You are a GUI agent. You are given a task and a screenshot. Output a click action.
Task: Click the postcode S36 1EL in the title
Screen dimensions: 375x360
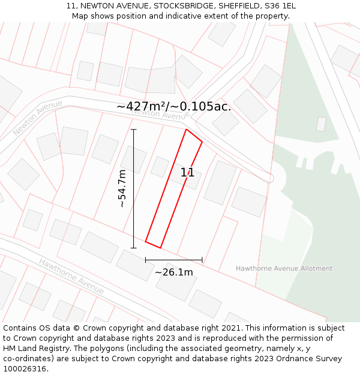(x=280, y=6)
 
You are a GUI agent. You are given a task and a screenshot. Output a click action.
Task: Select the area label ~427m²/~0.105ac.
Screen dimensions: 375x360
(x=174, y=106)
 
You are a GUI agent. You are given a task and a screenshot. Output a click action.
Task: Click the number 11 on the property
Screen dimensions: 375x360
(x=187, y=173)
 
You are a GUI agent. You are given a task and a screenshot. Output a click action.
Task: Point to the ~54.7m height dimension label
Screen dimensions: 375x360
(x=122, y=188)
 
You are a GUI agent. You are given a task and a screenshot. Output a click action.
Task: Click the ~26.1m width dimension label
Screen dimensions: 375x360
(x=174, y=272)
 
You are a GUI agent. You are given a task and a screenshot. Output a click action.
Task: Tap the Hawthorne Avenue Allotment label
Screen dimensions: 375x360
(x=284, y=268)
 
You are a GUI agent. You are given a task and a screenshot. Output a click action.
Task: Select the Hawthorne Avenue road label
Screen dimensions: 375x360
(x=71, y=276)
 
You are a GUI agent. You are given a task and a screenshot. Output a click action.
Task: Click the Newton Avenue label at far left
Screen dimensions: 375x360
(x=37, y=118)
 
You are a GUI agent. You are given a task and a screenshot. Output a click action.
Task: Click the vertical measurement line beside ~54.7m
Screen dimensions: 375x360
(x=133, y=188)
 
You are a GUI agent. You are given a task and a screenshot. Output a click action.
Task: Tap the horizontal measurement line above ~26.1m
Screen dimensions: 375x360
(x=173, y=260)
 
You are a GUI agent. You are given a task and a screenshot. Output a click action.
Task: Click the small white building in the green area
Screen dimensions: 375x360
(x=321, y=124)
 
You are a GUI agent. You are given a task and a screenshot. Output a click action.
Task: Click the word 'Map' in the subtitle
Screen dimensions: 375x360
(x=80, y=16)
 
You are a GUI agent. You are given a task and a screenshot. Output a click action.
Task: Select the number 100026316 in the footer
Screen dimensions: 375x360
(x=25, y=369)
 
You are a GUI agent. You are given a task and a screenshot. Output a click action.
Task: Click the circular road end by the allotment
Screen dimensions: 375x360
(x=270, y=178)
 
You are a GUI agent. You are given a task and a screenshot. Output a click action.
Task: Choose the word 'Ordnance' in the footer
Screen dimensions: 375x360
(x=287, y=359)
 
